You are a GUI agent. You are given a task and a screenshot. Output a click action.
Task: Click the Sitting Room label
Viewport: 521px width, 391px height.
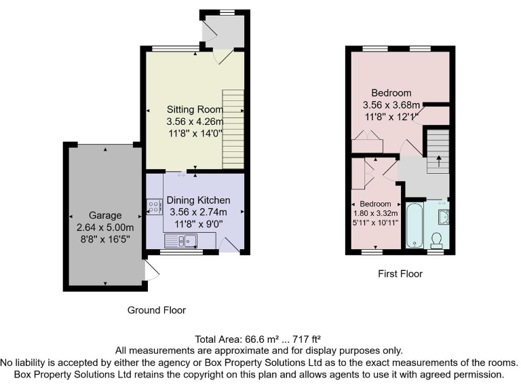pyautogui.click(x=195, y=109)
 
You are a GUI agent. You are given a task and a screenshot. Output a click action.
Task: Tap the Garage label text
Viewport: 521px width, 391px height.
pyautogui.click(x=104, y=214)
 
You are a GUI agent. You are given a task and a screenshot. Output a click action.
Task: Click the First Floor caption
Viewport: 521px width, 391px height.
pyautogui.click(x=400, y=274)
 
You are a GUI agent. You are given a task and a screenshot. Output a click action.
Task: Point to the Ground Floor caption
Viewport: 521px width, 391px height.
pyautogui.click(x=157, y=310)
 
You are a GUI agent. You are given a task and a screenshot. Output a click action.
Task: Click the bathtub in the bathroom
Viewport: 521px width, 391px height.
pyautogui.click(x=414, y=225)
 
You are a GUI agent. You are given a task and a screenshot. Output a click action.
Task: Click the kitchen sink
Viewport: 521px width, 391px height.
pyautogui.click(x=182, y=239)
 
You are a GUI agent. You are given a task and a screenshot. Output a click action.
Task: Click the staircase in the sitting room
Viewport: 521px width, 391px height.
pyautogui.click(x=233, y=130)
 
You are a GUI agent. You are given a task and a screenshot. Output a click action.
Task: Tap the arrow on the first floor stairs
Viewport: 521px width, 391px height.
pyautogui.click(x=438, y=161)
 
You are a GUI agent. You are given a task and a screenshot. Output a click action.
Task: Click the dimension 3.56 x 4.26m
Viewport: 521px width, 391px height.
pyautogui.click(x=195, y=122)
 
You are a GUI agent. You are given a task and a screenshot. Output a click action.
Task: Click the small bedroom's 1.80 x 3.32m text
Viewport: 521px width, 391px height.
pyautogui.click(x=374, y=212)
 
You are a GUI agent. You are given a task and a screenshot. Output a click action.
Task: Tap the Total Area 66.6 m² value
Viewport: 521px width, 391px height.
pyautogui.click(x=257, y=339)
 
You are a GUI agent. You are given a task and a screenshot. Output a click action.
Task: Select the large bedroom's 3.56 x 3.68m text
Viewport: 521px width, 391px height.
pyautogui.click(x=391, y=105)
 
